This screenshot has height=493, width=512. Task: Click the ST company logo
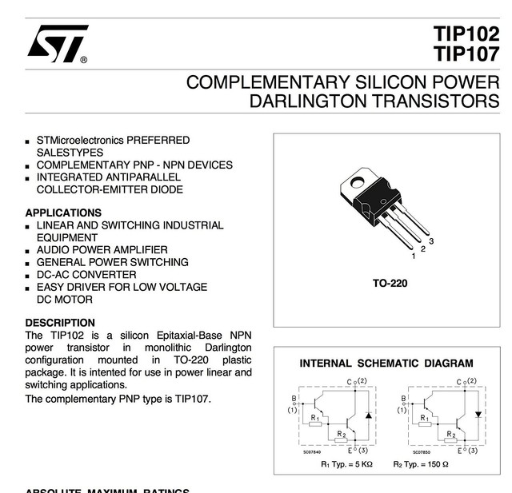57,44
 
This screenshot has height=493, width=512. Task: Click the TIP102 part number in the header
466,35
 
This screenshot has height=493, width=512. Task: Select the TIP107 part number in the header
466,54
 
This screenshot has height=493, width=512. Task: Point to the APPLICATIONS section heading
63,213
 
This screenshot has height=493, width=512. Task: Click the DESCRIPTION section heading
60,323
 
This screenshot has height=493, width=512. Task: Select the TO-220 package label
390,283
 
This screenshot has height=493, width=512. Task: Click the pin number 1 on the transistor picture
414,256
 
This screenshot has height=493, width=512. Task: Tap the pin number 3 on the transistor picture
431,241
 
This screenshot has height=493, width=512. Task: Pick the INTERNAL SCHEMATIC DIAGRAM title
386,364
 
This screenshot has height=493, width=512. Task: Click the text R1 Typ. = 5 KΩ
346,464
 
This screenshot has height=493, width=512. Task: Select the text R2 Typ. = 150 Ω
421,464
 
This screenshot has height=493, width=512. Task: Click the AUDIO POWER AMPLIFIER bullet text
102,250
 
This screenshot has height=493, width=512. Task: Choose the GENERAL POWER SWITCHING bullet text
112,262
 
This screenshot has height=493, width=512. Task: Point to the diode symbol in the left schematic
367,415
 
